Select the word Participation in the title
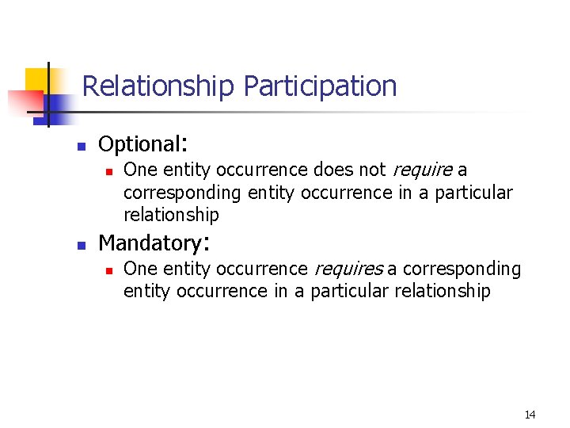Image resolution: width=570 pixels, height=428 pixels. point(320,86)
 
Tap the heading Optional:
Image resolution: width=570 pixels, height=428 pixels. point(142,143)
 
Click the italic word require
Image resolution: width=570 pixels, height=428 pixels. point(420,169)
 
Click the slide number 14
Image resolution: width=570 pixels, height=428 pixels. point(530,415)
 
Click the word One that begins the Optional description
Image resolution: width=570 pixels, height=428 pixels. point(140,169)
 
